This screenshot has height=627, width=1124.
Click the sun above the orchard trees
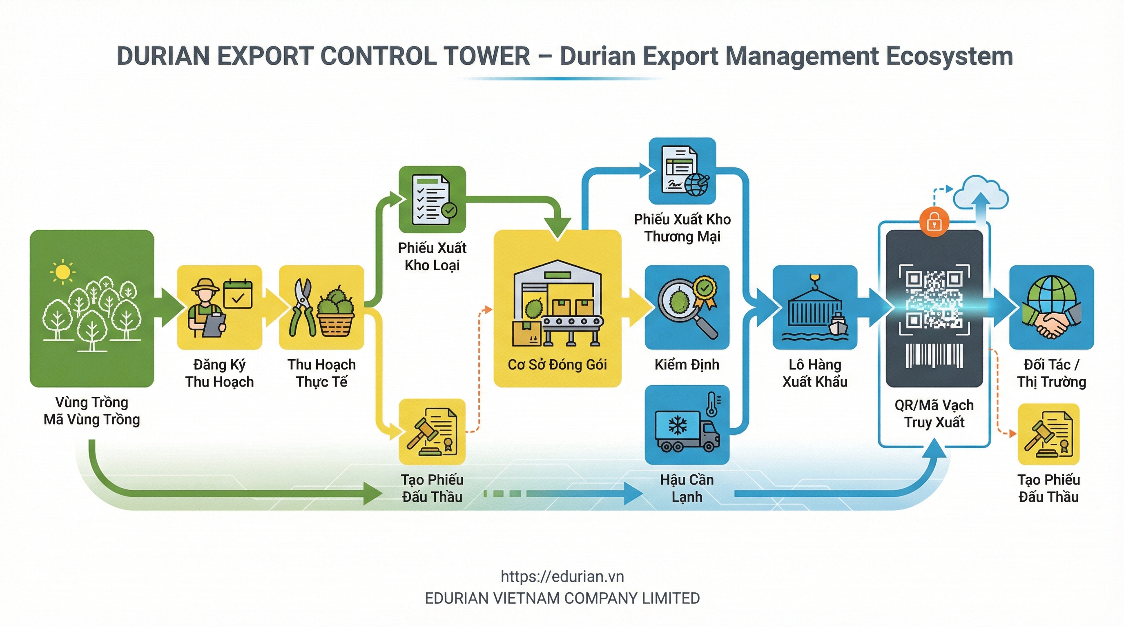click(62, 273)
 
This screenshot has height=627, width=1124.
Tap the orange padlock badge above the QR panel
click(934, 222)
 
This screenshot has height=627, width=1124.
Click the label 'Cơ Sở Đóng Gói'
click(557, 365)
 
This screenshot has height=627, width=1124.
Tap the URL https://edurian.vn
click(562, 576)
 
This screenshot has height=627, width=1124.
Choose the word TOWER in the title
click(486, 56)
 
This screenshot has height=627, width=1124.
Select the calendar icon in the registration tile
click(238, 294)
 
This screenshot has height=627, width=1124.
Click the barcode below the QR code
click(934, 356)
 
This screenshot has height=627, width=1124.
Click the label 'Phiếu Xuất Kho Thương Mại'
click(682, 228)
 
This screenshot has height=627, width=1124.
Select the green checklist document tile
click(432, 199)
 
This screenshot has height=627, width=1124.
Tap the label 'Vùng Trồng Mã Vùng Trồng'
click(91, 411)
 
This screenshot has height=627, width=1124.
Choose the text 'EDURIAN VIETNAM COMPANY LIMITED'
click(562, 598)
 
